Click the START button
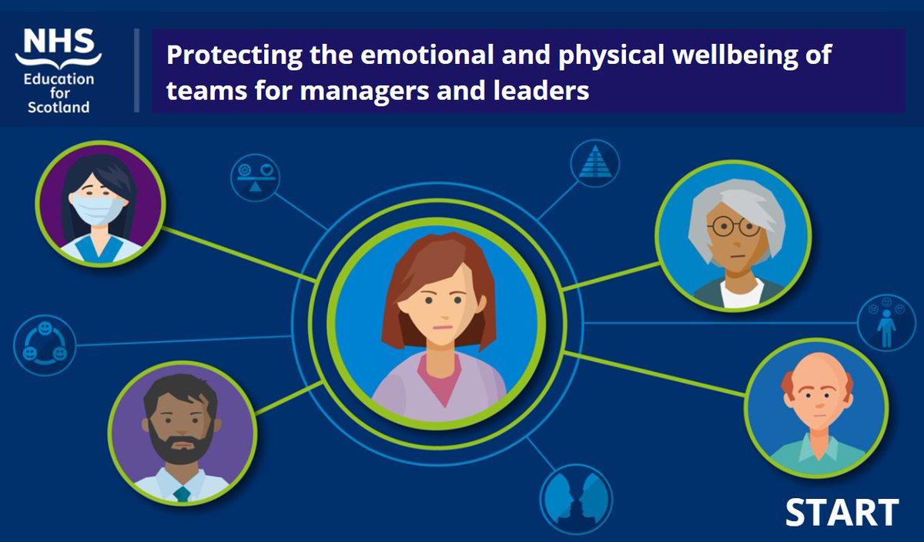pos(842,512)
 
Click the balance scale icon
pos(255,178)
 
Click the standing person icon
pos(886,322)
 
